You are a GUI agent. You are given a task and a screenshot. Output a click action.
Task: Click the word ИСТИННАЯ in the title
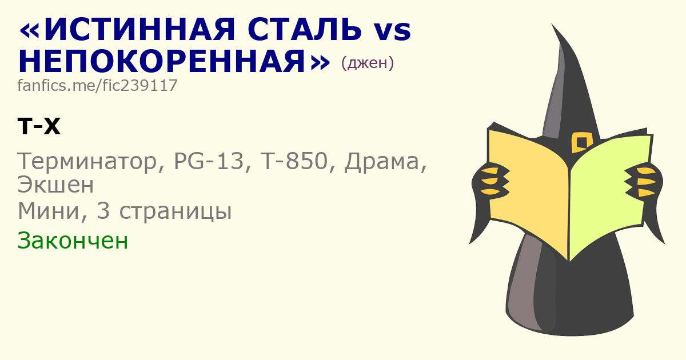click(139, 30)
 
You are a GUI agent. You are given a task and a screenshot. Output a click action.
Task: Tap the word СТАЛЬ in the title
click(304, 30)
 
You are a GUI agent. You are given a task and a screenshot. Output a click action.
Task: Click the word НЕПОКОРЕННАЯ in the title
click(162, 62)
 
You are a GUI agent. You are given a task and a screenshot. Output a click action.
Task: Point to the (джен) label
click(367, 63)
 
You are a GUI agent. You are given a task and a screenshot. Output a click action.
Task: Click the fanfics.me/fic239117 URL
click(97, 85)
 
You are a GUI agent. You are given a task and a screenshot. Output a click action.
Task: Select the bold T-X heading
click(39, 126)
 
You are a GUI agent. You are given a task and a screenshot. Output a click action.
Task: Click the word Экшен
click(55, 185)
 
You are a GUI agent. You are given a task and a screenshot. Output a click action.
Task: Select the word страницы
click(175, 212)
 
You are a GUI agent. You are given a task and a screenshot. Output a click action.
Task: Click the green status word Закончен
click(73, 241)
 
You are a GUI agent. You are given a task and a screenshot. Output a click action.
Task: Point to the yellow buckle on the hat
click(581, 142)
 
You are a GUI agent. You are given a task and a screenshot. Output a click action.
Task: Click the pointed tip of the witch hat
click(552, 24)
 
